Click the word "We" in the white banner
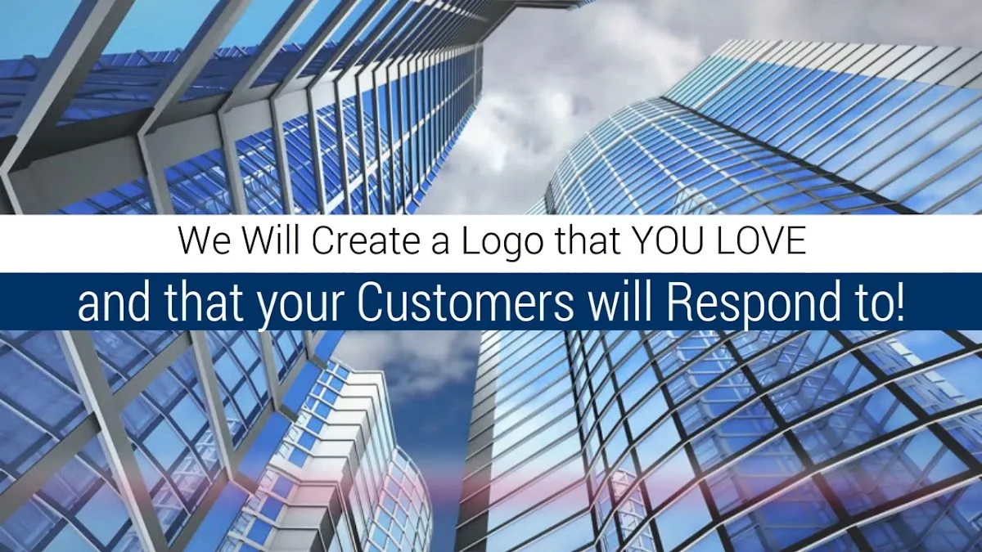(205, 240)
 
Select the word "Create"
(366, 240)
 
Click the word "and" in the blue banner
(114, 303)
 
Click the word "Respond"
(746, 307)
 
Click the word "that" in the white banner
(588, 240)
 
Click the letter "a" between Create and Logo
(440, 245)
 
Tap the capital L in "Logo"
(471, 240)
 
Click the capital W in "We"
(196, 240)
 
